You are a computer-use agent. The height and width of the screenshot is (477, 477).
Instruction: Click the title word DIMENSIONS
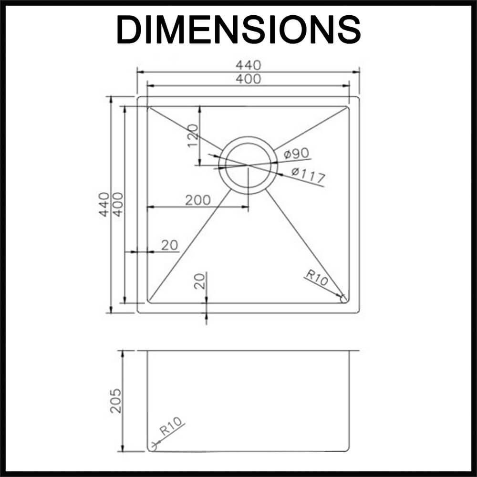(238, 30)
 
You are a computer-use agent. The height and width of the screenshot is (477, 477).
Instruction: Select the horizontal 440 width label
(248, 65)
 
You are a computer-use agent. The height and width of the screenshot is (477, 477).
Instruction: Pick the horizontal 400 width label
(248, 79)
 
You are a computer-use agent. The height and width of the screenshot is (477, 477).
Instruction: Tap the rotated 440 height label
(104, 204)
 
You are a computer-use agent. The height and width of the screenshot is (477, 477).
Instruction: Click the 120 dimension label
(192, 135)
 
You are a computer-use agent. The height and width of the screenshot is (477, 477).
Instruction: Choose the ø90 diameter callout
(296, 154)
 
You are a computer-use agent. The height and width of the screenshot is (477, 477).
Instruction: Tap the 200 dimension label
(197, 200)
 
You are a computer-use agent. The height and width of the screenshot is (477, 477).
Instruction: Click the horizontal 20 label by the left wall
(169, 245)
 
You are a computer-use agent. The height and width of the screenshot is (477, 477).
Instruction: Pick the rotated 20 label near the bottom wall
(200, 281)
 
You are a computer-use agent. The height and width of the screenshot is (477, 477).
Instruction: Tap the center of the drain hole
(248, 165)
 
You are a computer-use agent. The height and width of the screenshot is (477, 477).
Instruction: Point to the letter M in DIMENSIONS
(176, 30)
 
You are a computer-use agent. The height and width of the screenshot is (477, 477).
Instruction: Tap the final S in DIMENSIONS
(348, 30)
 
